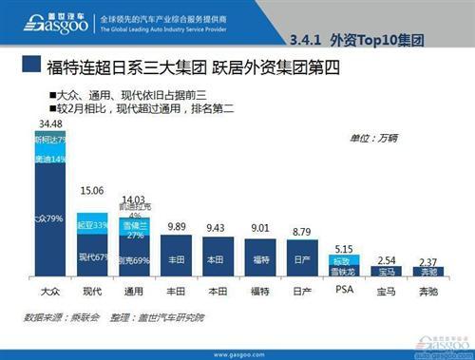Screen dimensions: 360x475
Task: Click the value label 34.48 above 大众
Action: (49, 123)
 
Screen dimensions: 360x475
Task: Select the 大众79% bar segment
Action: (49, 218)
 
